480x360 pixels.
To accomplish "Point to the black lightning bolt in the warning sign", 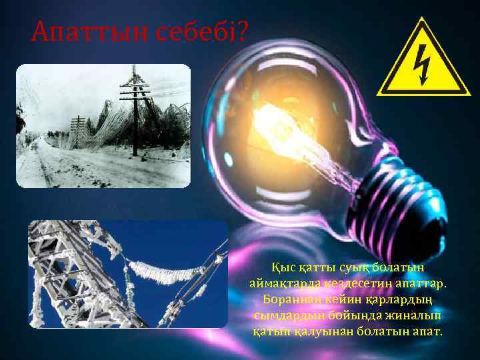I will click(423, 65).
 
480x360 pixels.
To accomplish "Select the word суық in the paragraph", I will click(352, 267).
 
